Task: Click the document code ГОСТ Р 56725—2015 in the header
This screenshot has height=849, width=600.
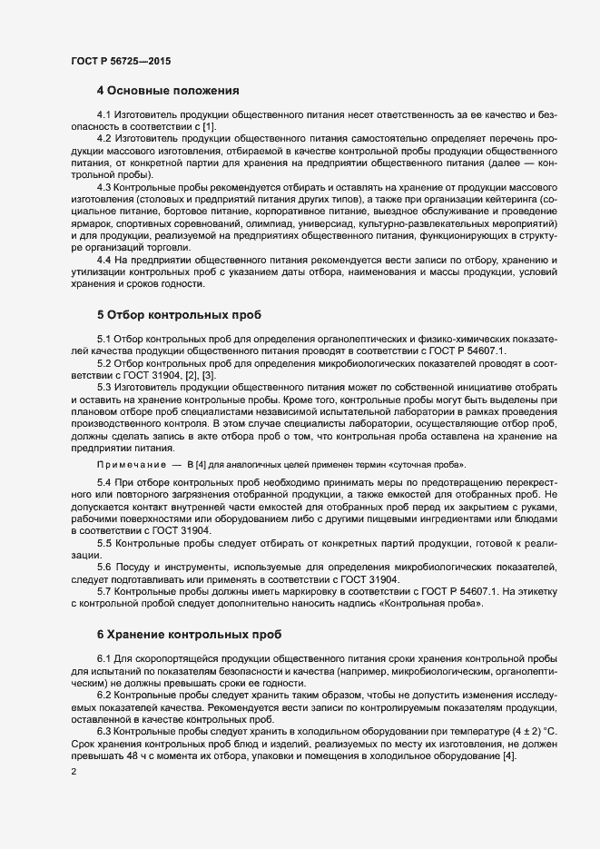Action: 120,61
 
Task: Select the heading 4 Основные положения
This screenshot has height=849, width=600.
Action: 167,91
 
